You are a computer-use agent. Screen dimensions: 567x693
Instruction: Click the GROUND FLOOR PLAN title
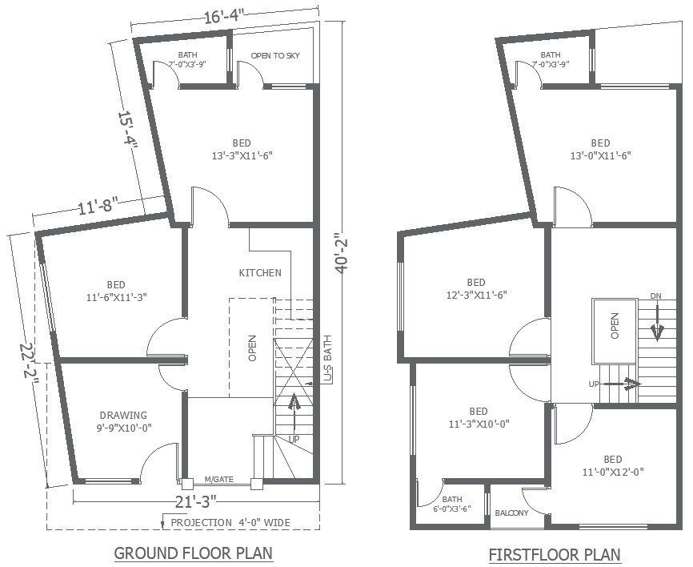point(193,553)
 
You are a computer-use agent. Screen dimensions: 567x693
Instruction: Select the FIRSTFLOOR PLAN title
point(555,554)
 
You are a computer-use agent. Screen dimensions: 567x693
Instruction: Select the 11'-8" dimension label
point(99,207)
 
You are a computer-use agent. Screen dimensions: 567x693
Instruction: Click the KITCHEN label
point(260,273)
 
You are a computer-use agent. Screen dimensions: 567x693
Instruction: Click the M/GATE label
point(218,479)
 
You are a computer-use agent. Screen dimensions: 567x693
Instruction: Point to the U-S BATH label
point(327,360)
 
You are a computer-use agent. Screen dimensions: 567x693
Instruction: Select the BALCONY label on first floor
point(511,513)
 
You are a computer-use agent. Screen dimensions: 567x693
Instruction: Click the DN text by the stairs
point(656,296)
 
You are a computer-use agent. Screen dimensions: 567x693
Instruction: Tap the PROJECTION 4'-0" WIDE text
point(230,523)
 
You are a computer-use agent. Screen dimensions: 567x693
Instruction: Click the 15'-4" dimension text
point(128,130)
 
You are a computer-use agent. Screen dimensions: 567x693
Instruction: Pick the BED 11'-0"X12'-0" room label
point(613,465)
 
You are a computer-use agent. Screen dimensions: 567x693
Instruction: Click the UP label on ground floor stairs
point(294,440)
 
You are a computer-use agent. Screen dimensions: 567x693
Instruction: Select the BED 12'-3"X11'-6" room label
point(476,288)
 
